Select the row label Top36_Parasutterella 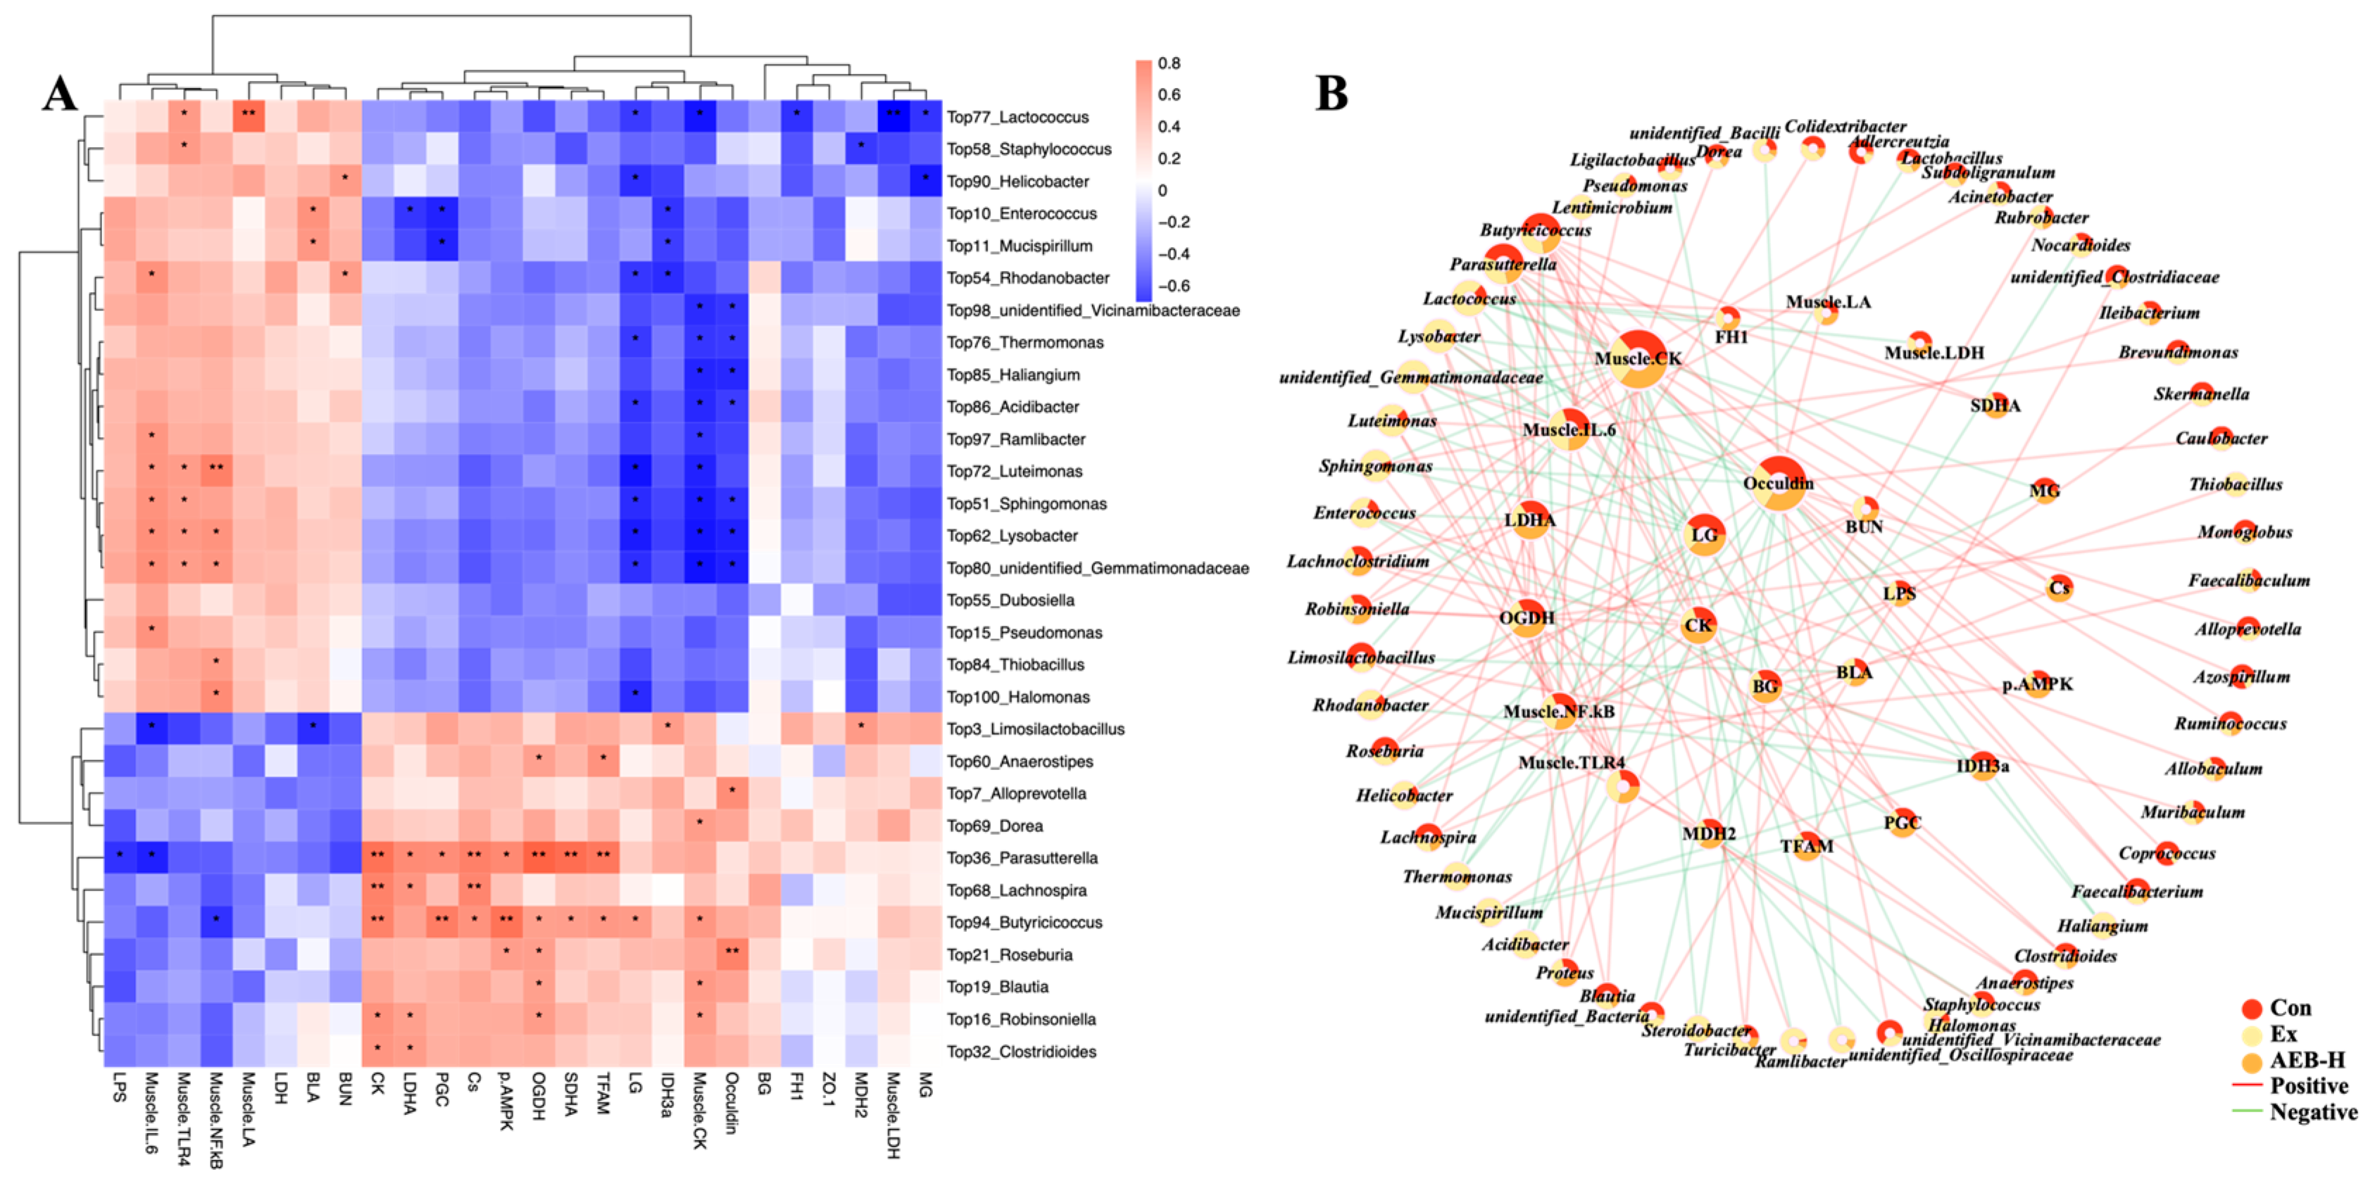tap(1022, 857)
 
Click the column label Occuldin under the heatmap tap(731, 1103)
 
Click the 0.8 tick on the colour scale tap(1170, 63)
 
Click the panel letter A tap(60, 94)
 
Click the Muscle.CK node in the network tap(1638, 359)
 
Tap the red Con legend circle tap(2251, 1008)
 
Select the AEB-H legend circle tap(2251, 1061)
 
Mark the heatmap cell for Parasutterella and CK tap(377, 857)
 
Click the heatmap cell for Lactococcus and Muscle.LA tap(248, 117)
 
